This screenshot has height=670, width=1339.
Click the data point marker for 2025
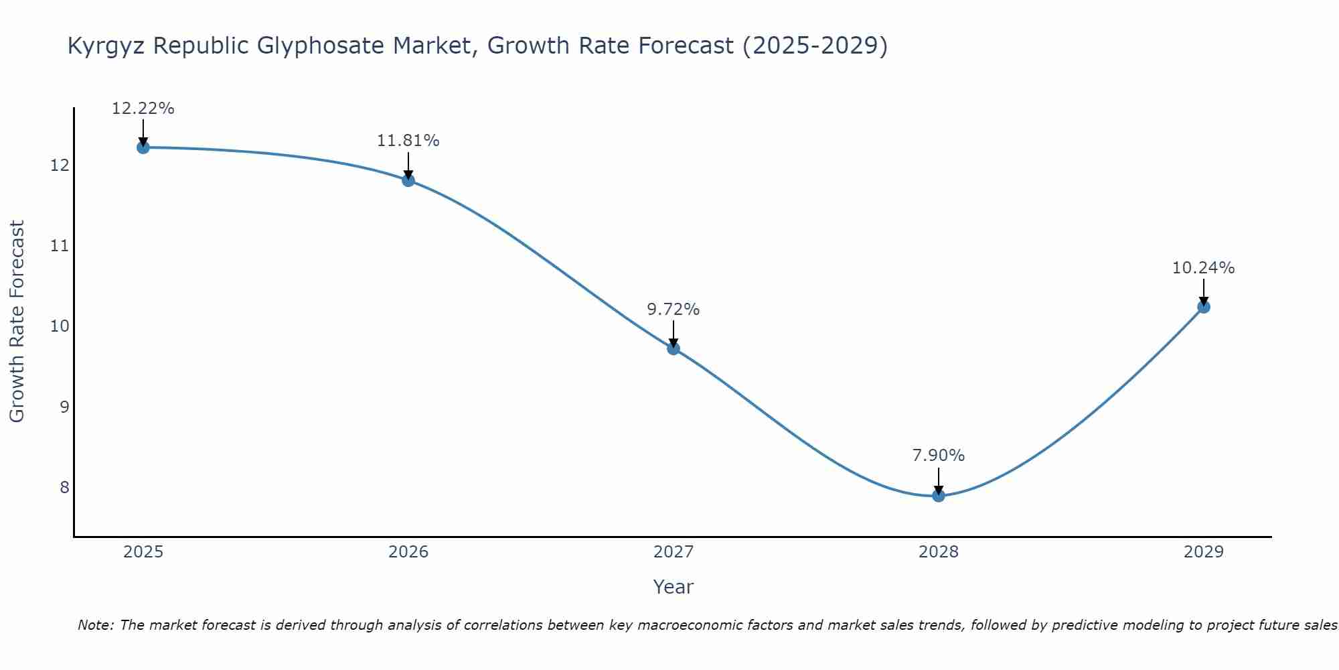(143, 147)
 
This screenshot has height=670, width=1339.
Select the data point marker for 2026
(408, 180)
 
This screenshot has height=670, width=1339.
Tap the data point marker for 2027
(674, 348)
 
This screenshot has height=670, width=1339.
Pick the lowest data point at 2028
(939, 496)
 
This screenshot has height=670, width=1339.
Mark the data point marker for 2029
(1204, 307)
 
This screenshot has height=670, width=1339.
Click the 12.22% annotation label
(143, 109)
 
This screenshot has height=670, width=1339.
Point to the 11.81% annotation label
(408, 141)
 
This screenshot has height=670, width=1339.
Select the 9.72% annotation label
(673, 310)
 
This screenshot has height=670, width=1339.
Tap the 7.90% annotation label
(938, 456)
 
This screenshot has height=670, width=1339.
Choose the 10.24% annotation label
(1203, 268)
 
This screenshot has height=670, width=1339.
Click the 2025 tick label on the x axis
(143, 552)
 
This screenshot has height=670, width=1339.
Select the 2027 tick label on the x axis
(674, 552)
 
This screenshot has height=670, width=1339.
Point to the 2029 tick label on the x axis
(1204, 552)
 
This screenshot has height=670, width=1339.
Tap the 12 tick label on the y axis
(60, 165)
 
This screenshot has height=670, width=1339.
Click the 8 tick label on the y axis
(64, 487)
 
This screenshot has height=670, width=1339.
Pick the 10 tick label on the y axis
(60, 326)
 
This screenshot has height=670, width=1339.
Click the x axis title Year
(673, 587)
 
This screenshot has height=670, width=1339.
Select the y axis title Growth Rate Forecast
(17, 322)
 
